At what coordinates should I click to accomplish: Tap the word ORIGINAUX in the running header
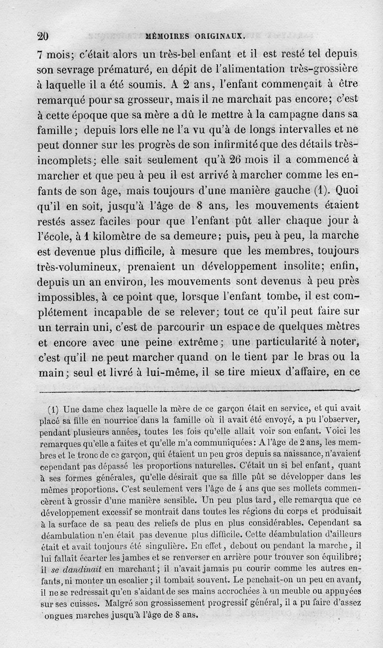(221, 35)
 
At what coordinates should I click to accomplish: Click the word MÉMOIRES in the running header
(168, 35)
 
